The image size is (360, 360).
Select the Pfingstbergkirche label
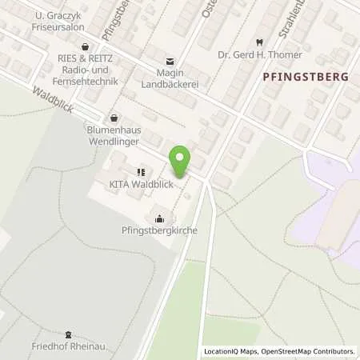pyautogui.click(x=161, y=230)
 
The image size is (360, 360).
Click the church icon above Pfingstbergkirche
pyautogui.click(x=160, y=218)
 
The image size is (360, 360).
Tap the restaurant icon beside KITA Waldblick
pyautogui.click(x=141, y=171)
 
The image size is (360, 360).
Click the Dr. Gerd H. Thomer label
pyautogui.click(x=260, y=55)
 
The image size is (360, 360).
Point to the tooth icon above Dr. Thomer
pyautogui.click(x=259, y=42)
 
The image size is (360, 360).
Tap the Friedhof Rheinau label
pyautogui.click(x=69, y=346)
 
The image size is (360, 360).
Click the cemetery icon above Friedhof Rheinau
pyautogui.click(x=68, y=334)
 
